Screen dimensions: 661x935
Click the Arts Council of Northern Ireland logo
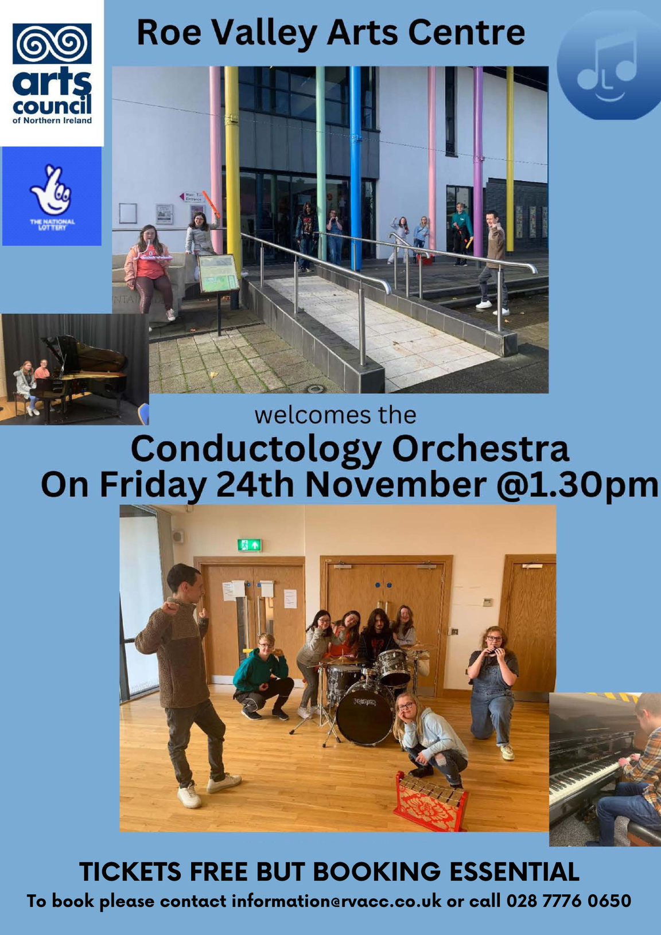[x=52, y=73]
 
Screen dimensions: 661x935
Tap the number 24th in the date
[x=255, y=485]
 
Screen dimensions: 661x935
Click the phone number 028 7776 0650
[x=569, y=901]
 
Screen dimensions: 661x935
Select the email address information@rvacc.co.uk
[x=337, y=901]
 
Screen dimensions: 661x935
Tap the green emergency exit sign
[x=249, y=544]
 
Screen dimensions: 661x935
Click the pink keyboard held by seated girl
[x=156, y=258]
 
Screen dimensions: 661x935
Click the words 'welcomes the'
[x=335, y=416]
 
